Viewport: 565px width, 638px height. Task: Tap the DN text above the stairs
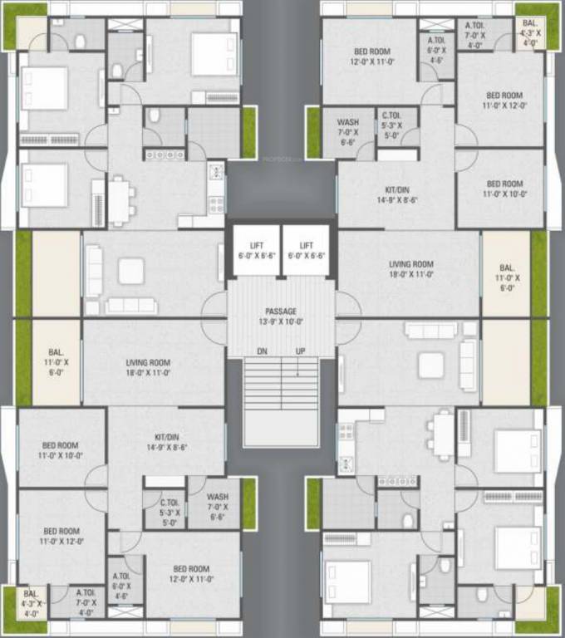pyautogui.click(x=262, y=351)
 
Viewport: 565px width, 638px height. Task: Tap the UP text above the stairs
pyautogui.click(x=300, y=351)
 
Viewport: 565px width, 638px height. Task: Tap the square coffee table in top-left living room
pyautogui.click(x=130, y=270)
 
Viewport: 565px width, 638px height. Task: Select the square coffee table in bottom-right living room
pyautogui.click(x=430, y=365)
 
